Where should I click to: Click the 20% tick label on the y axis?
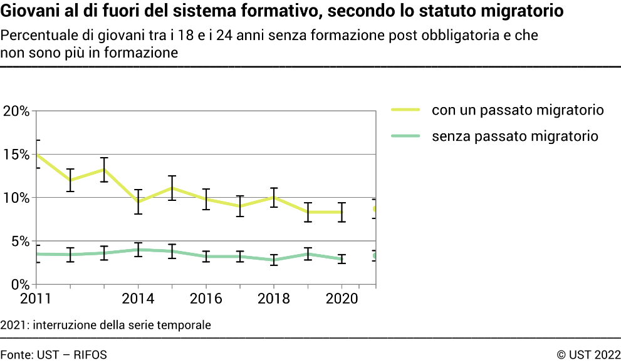click(x=17, y=111)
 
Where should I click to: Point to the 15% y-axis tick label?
click(x=17, y=155)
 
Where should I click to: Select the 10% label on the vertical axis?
click(x=17, y=198)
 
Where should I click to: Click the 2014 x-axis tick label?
click(x=138, y=299)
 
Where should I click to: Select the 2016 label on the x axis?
click(x=206, y=299)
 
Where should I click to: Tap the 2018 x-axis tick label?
click(x=273, y=299)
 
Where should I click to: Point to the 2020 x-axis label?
click(x=341, y=299)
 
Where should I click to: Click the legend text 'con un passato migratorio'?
click(x=518, y=111)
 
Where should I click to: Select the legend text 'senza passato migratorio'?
click(x=515, y=136)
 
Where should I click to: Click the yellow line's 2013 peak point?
click(x=104, y=169)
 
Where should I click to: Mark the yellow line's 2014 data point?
click(x=138, y=202)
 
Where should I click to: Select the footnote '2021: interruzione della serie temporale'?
click(x=106, y=325)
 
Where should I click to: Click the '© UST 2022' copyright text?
click(x=588, y=355)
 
